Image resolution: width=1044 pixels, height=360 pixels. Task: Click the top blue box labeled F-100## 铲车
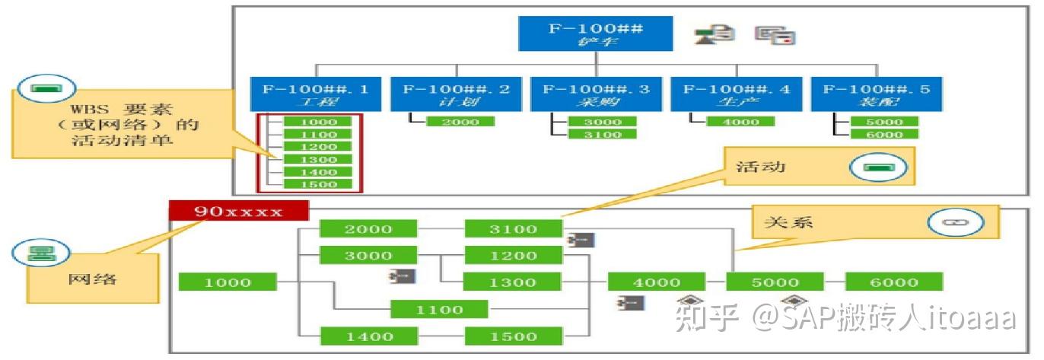tap(596, 33)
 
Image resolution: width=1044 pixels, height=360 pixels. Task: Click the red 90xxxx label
tap(238, 211)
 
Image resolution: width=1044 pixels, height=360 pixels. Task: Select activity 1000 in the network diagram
tap(227, 282)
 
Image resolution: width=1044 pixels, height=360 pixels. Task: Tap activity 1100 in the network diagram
tap(439, 310)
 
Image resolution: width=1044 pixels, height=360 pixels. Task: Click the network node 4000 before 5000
tap(656, 282)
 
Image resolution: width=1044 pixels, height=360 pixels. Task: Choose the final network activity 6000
tap(893, 282)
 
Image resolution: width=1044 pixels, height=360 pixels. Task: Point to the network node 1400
tap(368, 336)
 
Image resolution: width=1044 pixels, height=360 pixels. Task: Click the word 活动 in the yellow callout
tap(756, 166)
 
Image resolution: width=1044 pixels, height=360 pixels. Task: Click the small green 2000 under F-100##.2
tap(460, 122)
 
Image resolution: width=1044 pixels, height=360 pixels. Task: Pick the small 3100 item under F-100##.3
tap(603, 135)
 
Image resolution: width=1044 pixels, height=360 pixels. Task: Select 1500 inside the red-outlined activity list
tap(319, 185)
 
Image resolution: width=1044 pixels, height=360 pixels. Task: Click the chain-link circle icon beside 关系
tap(955, 222)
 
